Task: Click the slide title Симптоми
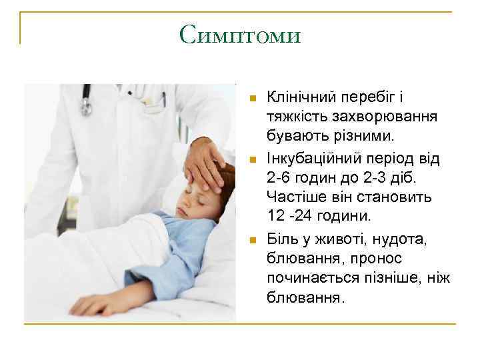(240, 34)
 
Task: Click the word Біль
(281, 238)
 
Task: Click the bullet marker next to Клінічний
(251, 99)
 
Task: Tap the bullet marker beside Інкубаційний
(251, 159)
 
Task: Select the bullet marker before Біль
(251, 239)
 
